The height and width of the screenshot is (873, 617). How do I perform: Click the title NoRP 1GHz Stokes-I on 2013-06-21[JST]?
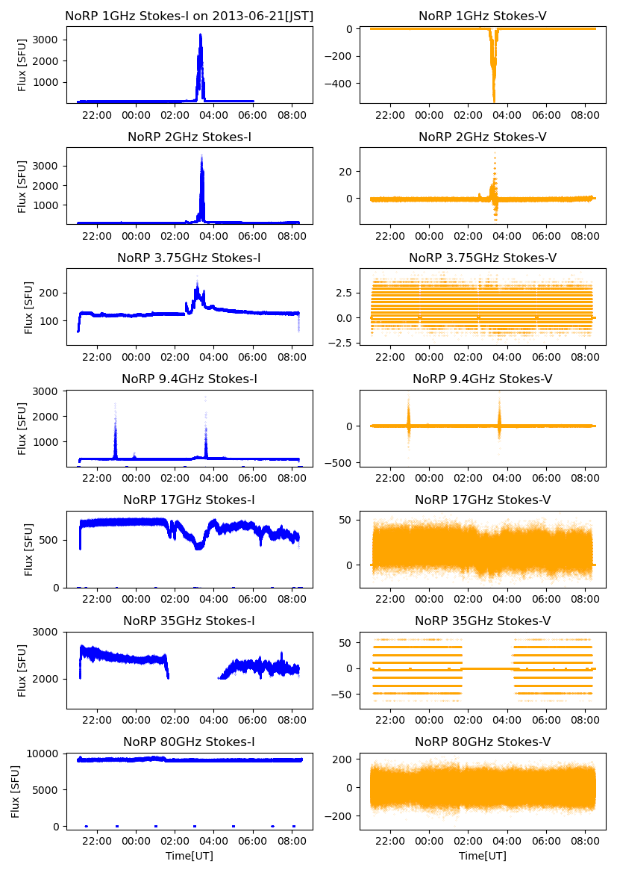tap(189, 16)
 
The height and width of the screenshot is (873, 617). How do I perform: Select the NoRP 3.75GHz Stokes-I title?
tap(189, 258)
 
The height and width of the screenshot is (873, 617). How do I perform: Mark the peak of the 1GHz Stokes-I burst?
tap(201, 34)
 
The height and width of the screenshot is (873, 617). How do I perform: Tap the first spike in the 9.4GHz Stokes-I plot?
tap(115, 405)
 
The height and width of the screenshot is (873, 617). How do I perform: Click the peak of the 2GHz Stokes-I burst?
tap(201, 156)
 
